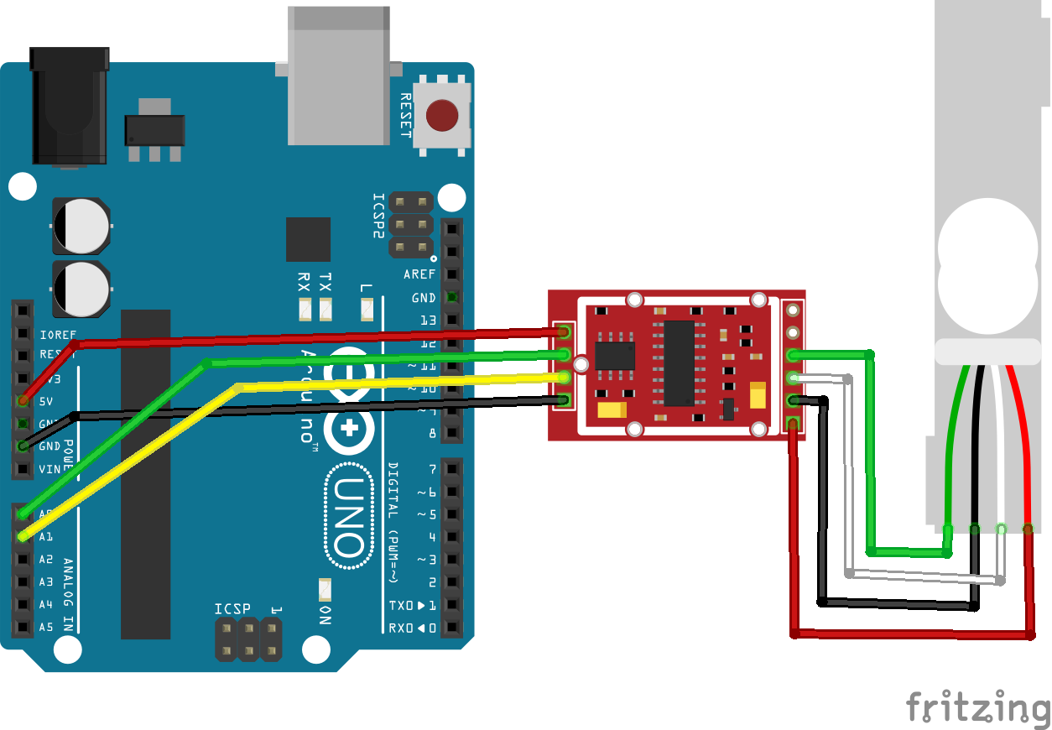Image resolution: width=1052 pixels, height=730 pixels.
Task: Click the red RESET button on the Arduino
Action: (442, 116)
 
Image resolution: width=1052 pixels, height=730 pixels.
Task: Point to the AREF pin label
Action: (419, 274)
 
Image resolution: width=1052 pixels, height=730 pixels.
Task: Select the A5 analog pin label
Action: (46, 627)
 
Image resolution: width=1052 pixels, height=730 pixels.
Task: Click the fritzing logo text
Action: (976, 707)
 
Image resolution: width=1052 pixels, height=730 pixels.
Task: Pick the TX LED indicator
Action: (325, 310)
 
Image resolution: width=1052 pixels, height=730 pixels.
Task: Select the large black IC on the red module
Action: (679, 362)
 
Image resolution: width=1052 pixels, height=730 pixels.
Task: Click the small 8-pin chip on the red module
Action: (615, 356)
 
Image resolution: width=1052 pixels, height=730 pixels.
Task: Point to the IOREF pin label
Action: (57, 334)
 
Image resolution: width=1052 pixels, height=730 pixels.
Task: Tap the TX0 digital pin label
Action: (407, 605)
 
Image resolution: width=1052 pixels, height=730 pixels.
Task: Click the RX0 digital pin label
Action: (407, 628)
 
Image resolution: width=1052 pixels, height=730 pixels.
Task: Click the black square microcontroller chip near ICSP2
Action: (308, 239)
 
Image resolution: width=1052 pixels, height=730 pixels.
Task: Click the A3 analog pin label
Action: (46, 581)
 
